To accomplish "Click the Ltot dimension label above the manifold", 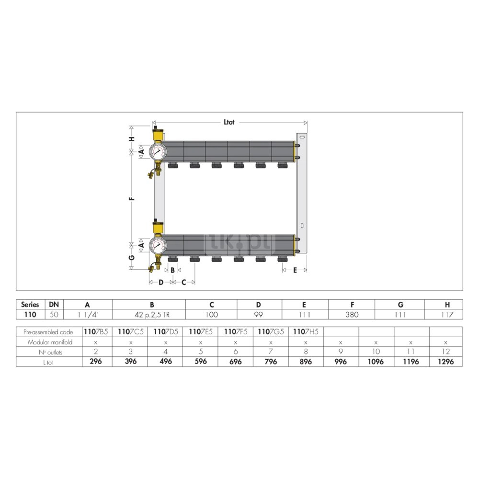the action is [x=229, y=122].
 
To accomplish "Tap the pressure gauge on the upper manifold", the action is [x=158, y=151].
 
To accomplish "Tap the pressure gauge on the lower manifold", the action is [x=158, y=245].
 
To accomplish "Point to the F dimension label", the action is [x=132, y=199].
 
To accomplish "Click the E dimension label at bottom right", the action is [x=295, y=270].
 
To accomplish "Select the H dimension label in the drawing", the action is [x=132, y=139].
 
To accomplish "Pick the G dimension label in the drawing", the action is [x=132, y=258].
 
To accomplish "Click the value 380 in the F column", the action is [x=352, y=315].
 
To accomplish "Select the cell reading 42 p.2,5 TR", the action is [x=152, y=315].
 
